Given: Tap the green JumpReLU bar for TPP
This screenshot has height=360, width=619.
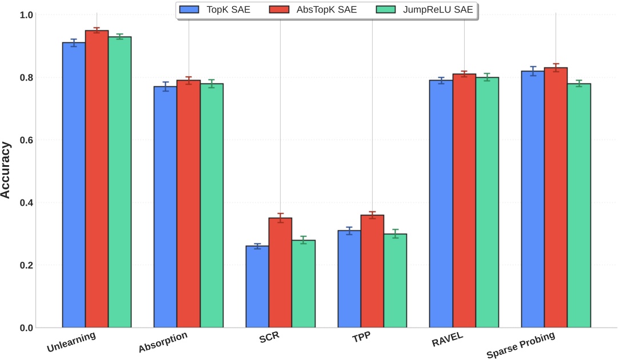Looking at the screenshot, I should [395, 281].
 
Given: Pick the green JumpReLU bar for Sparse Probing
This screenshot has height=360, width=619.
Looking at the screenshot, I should [578, 206].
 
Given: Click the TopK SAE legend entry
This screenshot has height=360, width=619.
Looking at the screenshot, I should [215, 9].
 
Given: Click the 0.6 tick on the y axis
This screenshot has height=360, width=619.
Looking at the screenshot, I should [26, 140].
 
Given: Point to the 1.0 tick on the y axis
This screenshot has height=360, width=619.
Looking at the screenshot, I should [26, 14].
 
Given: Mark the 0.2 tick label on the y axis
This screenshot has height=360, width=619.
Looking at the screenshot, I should [26, 266].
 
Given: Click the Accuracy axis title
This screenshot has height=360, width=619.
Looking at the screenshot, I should [6, 171].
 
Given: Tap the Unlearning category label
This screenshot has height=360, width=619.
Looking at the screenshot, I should [71, 341].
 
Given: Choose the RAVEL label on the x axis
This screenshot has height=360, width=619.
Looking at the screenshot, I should [448, 339].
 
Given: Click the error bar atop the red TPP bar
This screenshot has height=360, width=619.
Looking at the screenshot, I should [372, 215].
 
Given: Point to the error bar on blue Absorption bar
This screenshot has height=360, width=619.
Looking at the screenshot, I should [165, 86].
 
